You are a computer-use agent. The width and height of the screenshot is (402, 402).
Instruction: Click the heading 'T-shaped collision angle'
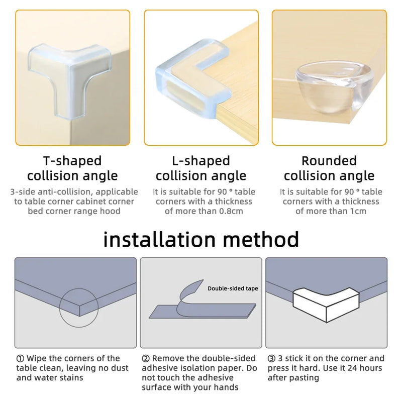tap(72, 168)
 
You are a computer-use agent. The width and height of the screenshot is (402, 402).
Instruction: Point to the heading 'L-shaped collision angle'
tap(201, 168)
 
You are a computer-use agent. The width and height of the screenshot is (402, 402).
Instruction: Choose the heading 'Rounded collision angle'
tap(329, 168)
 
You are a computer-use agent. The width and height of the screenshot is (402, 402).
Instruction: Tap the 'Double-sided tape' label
tap(233, 288)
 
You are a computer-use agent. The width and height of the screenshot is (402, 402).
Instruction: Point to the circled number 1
tap(20, 359)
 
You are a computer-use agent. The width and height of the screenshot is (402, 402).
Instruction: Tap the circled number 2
tap(146, 359)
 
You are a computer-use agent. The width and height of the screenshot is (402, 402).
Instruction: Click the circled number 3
tap(272, 359)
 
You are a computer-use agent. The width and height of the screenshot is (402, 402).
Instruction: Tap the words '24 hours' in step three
tap(367, 368)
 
